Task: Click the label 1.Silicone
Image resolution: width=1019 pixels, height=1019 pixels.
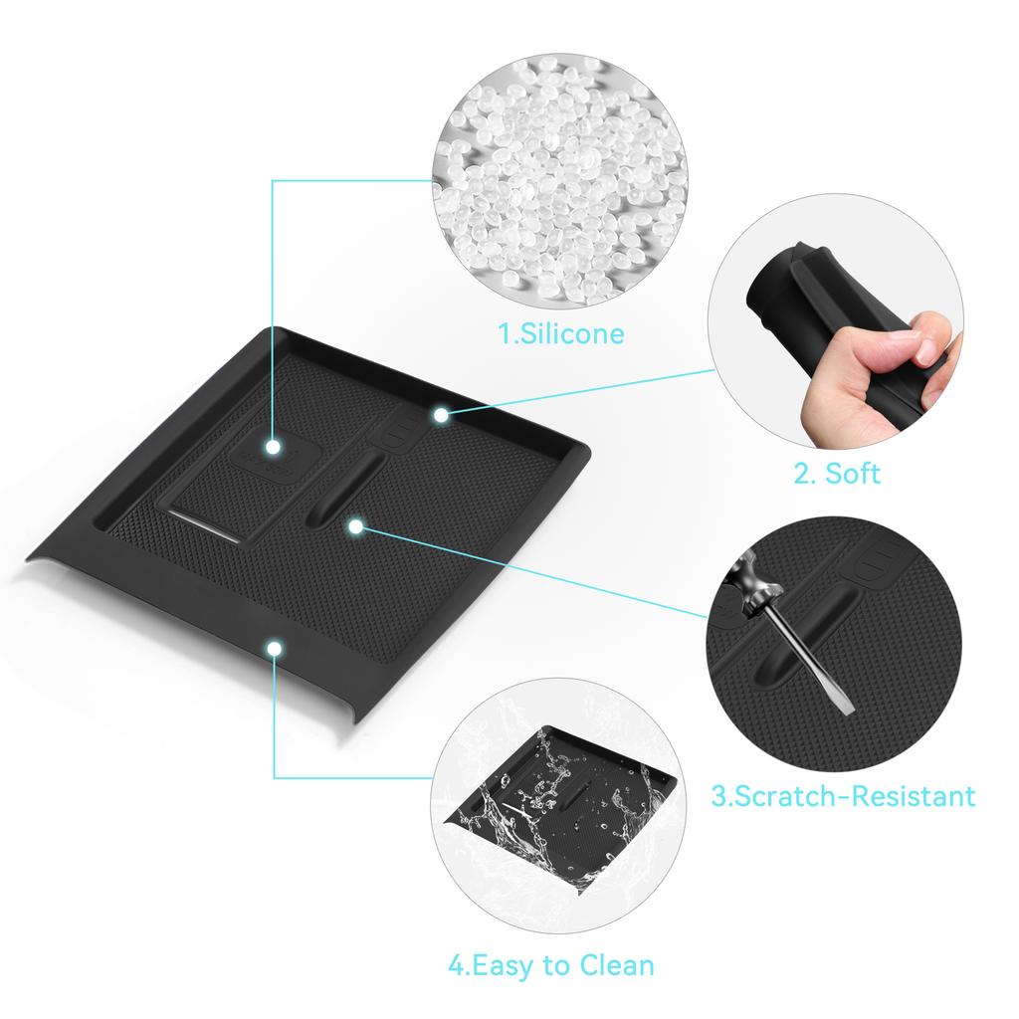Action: pyautogui.click(x=561, y=332)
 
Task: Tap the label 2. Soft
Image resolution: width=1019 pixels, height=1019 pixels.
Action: pyautogui.click(x=837, y=474)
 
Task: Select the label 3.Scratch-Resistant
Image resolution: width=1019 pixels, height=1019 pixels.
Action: pyautogui.click(x=843, y=796)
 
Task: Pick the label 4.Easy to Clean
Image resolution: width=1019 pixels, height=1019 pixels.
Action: pyautogui.click(x=550, y=964)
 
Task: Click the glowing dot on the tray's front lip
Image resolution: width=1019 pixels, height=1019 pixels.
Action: pyautogui.click(x=274, y=649)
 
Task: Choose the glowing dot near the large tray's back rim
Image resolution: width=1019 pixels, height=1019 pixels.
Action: pyautogui.click(x=440, y=413)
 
